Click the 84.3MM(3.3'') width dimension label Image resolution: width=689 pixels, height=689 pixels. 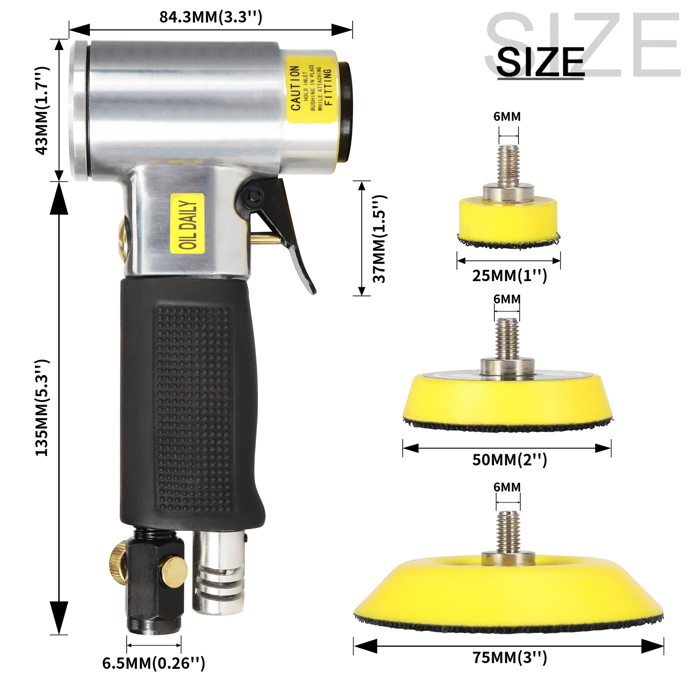click(211, 17)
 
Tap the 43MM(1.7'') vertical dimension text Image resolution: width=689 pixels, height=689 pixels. click(42, 110)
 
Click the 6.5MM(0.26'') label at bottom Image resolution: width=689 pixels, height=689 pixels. click(153, 663)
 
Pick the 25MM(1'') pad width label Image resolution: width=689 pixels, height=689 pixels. click(509, 276)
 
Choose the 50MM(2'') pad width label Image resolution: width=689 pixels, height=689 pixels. click(509, 460)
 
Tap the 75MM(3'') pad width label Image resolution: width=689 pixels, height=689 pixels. click(509, 658)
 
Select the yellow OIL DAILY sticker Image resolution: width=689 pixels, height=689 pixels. click(187, 224)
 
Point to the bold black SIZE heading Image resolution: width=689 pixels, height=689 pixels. click(540, 62)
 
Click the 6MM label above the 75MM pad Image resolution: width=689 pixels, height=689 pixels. click(507, 487)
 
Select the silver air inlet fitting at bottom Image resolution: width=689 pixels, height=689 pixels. click(219, 573)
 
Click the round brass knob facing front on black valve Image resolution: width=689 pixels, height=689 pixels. click(174, 571)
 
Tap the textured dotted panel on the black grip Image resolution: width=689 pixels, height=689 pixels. click(194, 409)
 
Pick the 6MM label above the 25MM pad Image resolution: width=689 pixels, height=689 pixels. click(507, 117)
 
